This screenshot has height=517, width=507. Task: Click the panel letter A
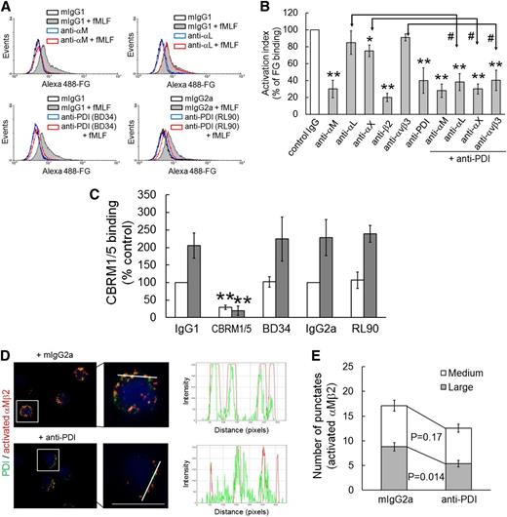coord(8,8)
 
